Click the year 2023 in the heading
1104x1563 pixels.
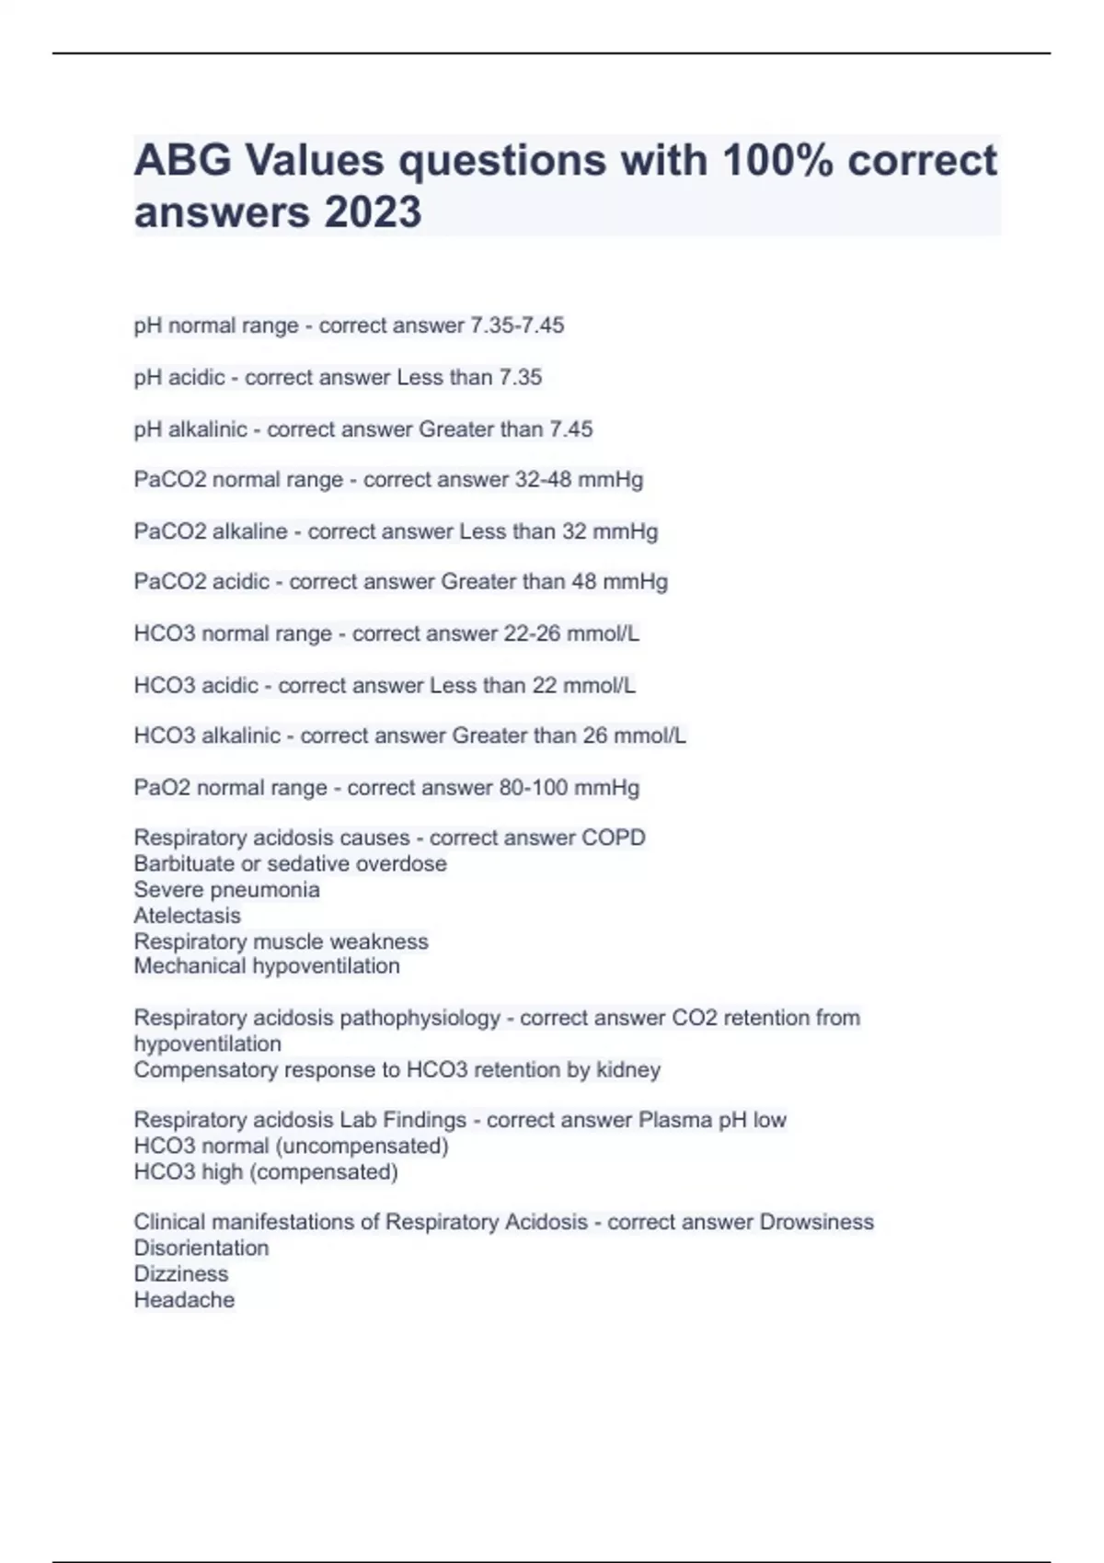[x=372, y=212]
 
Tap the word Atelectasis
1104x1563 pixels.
[x=187, y=916]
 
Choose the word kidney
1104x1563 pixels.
[x=628, y=1070]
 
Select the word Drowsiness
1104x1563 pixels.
[x=816, y=1223]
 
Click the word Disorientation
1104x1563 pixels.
[x=201, y=1249]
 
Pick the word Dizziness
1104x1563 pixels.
[x=181, y=1274]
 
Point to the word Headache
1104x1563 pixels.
[x=184, y=1300]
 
